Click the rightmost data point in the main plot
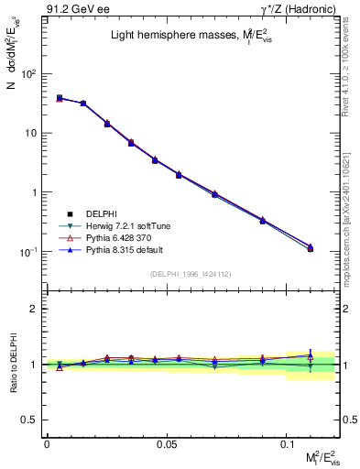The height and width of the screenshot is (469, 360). click(x=311, y=248)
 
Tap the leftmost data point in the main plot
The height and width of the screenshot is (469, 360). click(x=60, y=98)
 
